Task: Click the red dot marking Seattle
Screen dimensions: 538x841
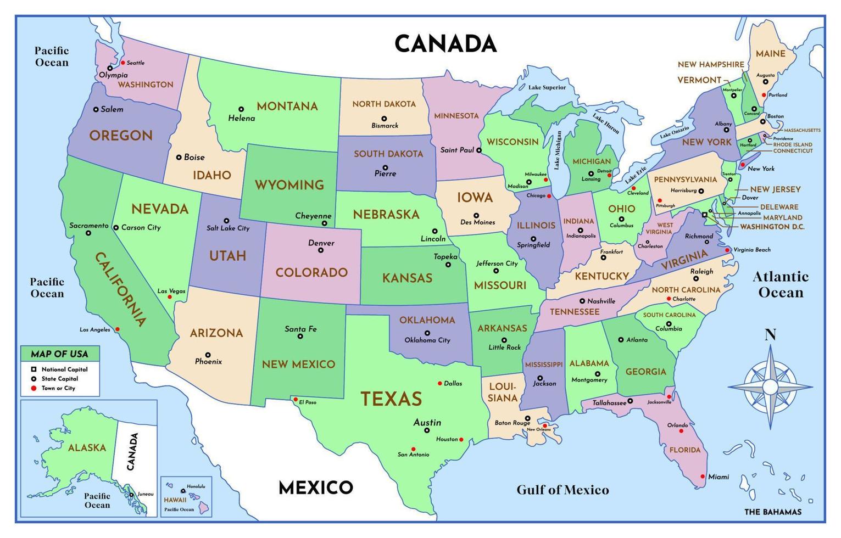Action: coord(122,63)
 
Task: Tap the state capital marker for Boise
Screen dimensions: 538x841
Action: coord(179,158)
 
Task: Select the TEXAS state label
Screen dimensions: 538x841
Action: coord(391,399)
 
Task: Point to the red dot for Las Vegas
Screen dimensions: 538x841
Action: coord(170,297)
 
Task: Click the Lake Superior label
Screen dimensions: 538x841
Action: coord(547,87)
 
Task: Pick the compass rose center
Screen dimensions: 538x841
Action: coord(770,387)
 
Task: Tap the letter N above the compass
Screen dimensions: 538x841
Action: coord(770,335)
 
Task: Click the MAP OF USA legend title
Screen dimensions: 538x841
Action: coord(59,354)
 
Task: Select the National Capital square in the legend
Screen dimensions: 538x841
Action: coord(34,369)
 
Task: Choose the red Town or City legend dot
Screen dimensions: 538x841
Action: coord(34,388)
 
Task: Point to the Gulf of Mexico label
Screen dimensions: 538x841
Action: coord(562,490)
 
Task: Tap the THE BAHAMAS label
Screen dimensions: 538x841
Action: coord(772,512)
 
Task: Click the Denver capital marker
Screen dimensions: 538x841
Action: coord(321,250)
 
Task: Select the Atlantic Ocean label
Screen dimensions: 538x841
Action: coord(780,284)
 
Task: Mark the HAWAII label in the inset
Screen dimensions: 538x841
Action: coord(175,500)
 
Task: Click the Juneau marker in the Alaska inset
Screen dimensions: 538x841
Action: coord(132,495)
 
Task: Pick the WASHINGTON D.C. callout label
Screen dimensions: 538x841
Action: coord(772,227)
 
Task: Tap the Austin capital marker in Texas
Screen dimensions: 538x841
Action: coord(426,430)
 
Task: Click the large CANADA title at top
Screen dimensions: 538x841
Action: coord(445,44)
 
